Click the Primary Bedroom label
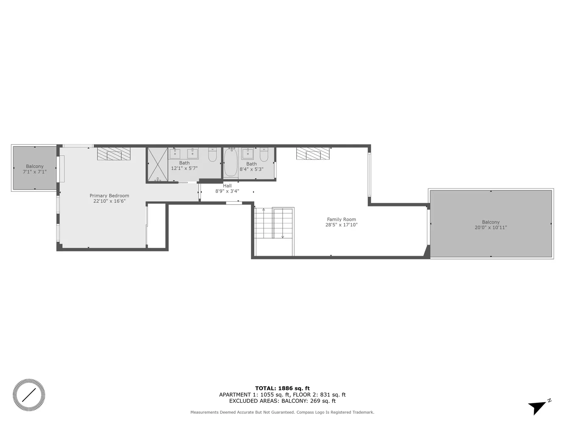[x=109, y=196]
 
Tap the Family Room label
[x=341, y=220]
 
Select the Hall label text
[x=227, y=186]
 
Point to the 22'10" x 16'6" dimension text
[x=109, y=201]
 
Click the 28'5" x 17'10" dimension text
[x=341, y=225]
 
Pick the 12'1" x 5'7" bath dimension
[x=184, y=168]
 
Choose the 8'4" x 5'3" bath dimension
[x=251, y=169]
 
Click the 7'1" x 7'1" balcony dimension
[x=34, y=172]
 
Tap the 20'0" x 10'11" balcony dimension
[x=491, y=228]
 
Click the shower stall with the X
[x=157, y=165]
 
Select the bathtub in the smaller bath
[x=231, y=163]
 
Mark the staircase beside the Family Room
[x=274, y=224]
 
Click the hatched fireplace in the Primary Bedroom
[x=114, y=153]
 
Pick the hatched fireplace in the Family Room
[x=313, y=154]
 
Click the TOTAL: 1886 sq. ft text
[x=282, y=388]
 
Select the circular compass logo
[x=29, y=395]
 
